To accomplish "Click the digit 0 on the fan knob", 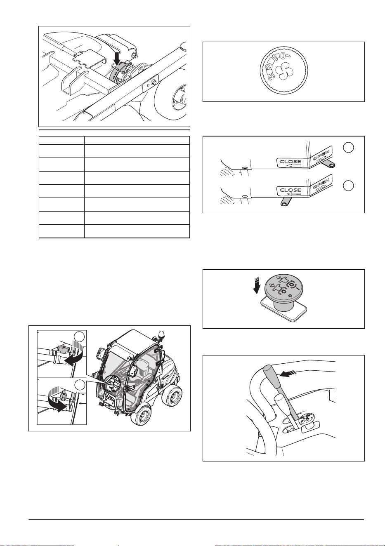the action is tap(283, 56).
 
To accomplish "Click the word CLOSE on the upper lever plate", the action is tap(291, 161).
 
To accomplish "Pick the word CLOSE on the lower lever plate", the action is tap(291, 190).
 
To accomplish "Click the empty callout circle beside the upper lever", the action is tap(348, 148).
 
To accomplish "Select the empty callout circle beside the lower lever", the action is tap(348, 186).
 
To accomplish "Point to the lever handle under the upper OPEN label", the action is tap(329, 165).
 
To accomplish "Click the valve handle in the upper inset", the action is tap(61, 349).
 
